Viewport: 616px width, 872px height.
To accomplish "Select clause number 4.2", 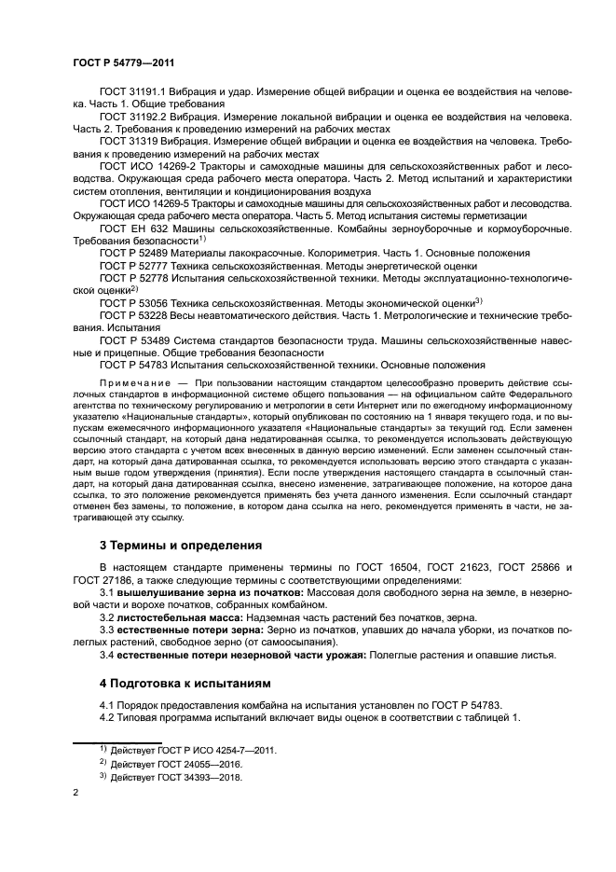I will click(x=107, y=717).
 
